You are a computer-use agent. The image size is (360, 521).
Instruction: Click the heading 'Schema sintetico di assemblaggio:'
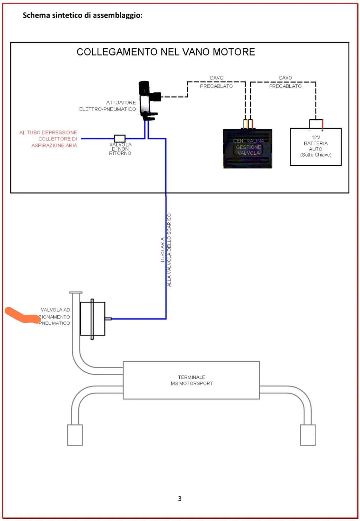82,16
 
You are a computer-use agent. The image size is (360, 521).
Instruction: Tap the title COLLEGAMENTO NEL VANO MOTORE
166,52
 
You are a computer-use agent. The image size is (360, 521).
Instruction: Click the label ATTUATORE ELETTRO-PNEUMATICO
108,106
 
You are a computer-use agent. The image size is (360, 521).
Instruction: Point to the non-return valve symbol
120,138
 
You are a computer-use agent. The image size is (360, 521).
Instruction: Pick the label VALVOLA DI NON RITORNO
120,149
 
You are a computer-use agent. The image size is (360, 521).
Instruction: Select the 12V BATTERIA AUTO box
316,147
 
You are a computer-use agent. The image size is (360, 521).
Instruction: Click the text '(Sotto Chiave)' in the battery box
316,155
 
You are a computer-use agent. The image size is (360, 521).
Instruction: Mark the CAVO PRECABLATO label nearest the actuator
216,82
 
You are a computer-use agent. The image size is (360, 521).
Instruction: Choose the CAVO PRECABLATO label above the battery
285,82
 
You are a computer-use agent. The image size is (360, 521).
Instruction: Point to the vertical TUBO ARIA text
162,250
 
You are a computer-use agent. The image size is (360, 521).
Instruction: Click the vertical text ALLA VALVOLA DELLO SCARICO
170,250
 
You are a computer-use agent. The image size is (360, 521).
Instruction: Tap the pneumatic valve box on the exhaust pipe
93,319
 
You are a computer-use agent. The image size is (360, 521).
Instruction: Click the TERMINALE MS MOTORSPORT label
191,381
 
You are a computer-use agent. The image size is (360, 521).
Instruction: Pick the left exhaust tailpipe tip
75,435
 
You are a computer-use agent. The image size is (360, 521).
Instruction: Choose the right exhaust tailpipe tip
308,435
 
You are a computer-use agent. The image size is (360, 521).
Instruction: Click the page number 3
180,498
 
